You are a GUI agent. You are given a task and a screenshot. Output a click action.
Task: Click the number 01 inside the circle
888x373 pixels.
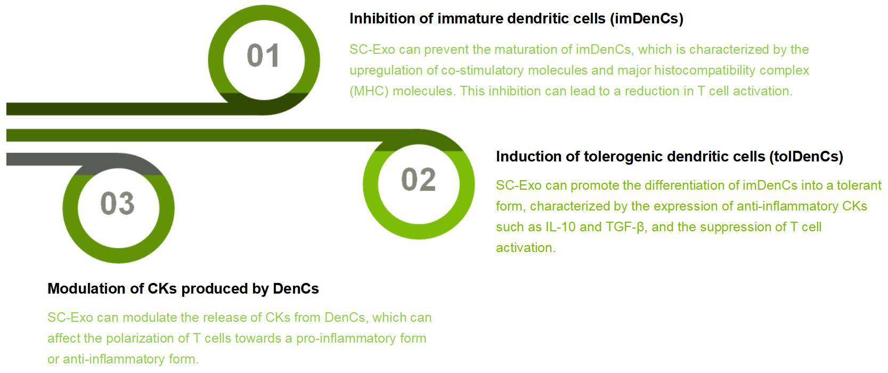(x=263, y=56)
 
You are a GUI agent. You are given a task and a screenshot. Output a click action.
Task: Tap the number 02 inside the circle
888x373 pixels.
(x=418, y=180)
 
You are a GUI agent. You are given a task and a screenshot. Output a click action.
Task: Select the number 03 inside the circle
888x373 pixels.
(x=117, y=204)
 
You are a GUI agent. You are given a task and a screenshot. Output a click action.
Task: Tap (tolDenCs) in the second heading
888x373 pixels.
(x=805, y=157)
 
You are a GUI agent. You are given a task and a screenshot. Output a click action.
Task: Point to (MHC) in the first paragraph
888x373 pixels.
(x=369, y=91)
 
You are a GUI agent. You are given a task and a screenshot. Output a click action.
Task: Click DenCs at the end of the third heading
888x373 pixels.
(x=296, y=289)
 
